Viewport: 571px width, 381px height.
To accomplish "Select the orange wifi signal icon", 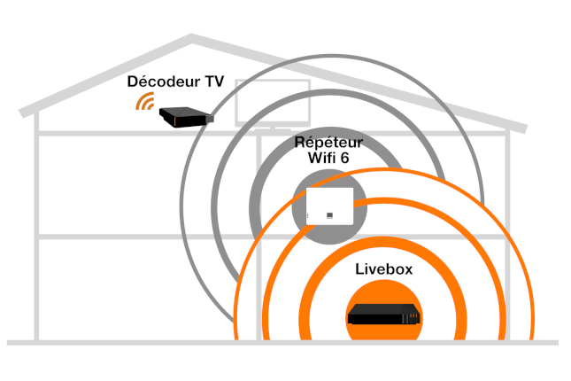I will [144, 102].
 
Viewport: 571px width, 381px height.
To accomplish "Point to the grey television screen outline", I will [273, 103].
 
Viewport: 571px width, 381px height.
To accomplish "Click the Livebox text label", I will [383, 267].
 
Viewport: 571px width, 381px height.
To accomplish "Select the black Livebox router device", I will [383, 315].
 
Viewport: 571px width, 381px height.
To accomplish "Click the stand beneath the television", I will [273, 128].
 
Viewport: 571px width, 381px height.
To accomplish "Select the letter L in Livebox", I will [359, 267].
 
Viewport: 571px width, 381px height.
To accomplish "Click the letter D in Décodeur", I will [134, 82].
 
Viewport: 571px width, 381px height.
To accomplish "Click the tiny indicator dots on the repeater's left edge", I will [307, 215].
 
